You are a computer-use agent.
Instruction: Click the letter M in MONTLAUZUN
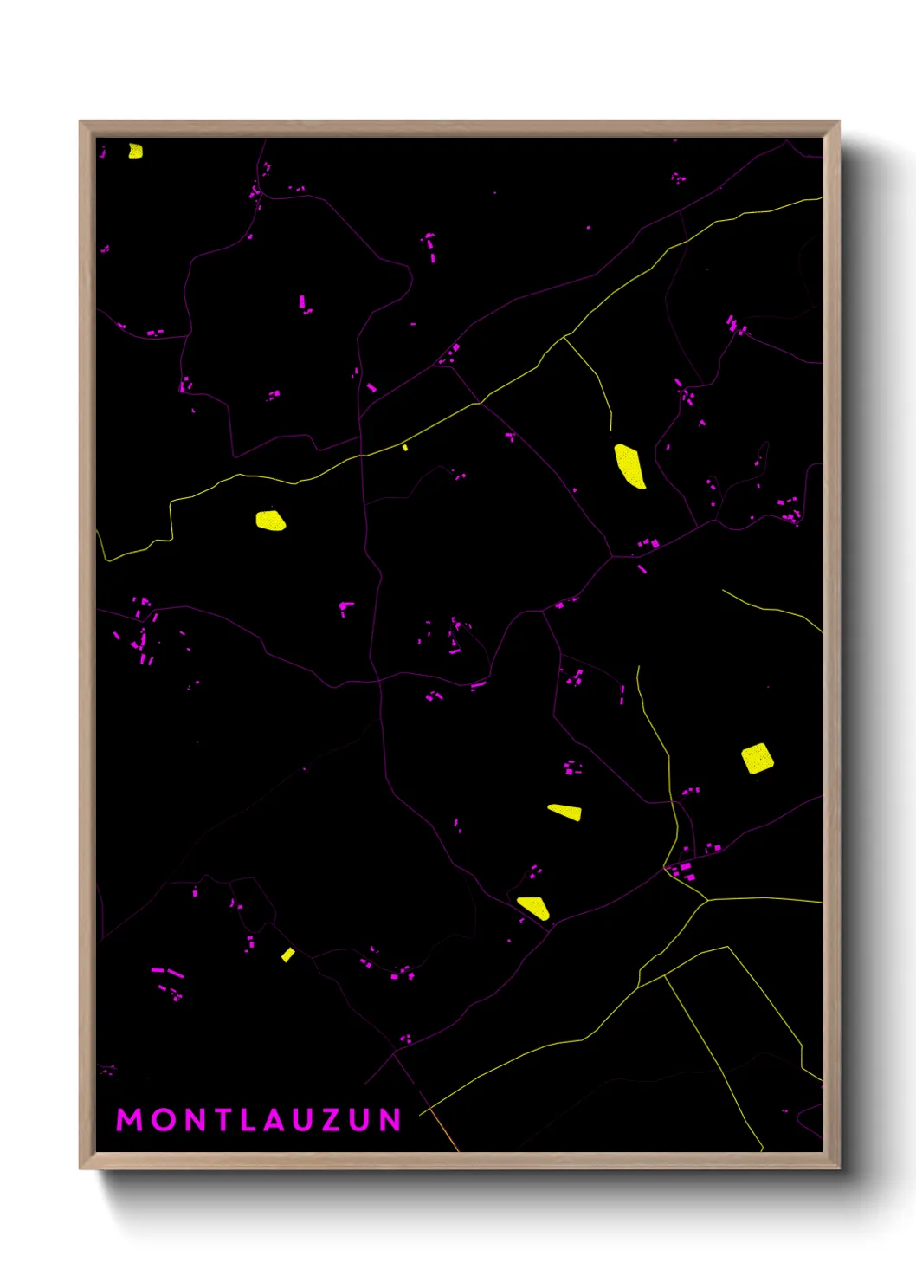[x=130, y=1119]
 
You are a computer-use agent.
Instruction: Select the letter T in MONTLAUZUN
[x=223, y=1119]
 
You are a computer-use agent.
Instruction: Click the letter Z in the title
[x=332, y=1119]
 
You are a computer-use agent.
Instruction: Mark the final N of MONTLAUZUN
[x=390, y=1119]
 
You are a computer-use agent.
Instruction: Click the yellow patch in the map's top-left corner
[x=135, y=152]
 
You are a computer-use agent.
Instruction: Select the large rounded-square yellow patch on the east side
[x=758, y=758]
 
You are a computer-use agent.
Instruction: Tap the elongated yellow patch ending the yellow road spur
[x=629, y=466]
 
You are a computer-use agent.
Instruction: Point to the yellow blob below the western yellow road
[x=270, y=521]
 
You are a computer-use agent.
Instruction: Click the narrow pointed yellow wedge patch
[x=566, y=812]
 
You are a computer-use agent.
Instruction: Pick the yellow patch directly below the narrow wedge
[x=534, y=907]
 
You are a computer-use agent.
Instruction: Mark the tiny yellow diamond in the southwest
[x=287, y=955]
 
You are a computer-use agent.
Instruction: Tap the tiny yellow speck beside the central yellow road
[x=405, y=447]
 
